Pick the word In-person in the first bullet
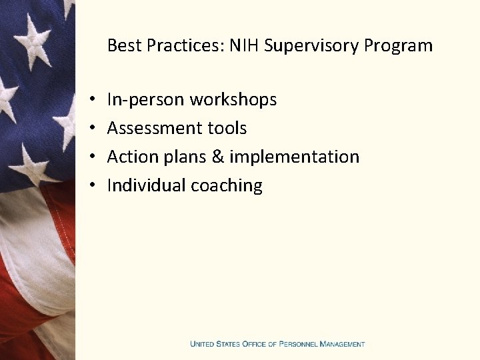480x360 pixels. click(x=146, y=100)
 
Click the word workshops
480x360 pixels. click(x=233, y=100)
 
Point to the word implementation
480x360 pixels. click(x=294, y=157)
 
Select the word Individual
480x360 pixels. click(x=147, y=185)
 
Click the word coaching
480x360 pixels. click(x=227, y=186)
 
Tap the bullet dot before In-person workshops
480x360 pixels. click(x=89, y=101)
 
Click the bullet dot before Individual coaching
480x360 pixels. click(x=89, y=186)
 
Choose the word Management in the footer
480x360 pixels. click(x=342, y=344)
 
